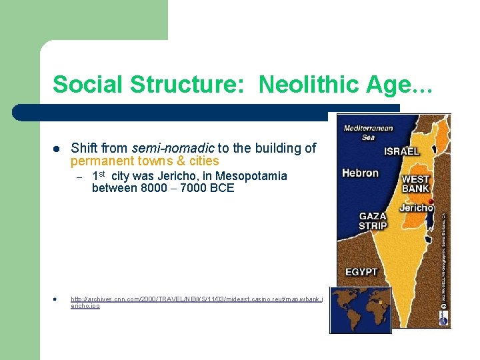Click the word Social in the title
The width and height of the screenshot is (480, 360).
point(86,85)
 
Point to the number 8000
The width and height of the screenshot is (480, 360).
point(154,188)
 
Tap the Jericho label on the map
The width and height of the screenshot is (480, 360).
point(416,208)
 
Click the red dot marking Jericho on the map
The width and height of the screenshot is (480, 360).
point(431,201)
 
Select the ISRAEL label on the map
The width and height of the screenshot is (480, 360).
point(401,151)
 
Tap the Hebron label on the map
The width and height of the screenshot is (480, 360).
point(360,173)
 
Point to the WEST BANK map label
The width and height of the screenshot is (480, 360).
point(415,183)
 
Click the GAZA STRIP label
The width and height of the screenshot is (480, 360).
point(373,221)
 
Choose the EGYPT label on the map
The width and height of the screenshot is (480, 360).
point(361,272)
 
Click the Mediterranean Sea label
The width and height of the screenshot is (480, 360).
point(368,133)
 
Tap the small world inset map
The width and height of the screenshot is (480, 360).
point(360,309)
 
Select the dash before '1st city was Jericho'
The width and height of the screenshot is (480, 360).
point(78,177)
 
